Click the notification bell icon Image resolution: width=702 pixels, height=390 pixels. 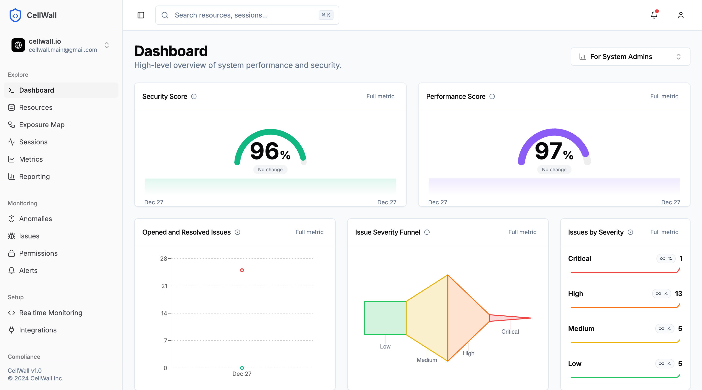point(654,15)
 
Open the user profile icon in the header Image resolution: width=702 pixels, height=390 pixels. point(680,15)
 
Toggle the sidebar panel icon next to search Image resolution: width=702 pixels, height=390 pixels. point(141,15)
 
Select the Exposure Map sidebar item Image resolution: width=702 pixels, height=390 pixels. point(42,125)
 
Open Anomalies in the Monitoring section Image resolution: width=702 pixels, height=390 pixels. point(35,219)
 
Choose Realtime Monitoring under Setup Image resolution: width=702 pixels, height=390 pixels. point(50,313)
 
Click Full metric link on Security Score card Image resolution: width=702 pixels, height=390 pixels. point(380,96)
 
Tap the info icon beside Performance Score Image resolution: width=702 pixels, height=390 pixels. point(492,97)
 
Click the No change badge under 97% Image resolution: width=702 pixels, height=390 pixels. point(554,169)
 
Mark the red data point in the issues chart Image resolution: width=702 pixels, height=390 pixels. point(242,270)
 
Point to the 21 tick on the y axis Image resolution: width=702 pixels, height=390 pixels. point(164,286)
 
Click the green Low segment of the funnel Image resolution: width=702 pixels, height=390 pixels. point(385,318)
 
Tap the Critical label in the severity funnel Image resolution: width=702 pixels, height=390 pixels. point(510,332)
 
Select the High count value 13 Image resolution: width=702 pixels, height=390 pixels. point(678,293)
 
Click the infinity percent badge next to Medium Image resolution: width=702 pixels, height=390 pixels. point(665,329)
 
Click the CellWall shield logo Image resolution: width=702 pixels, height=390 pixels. point(15,15)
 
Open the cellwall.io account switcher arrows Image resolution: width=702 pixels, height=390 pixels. point(107,45)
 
